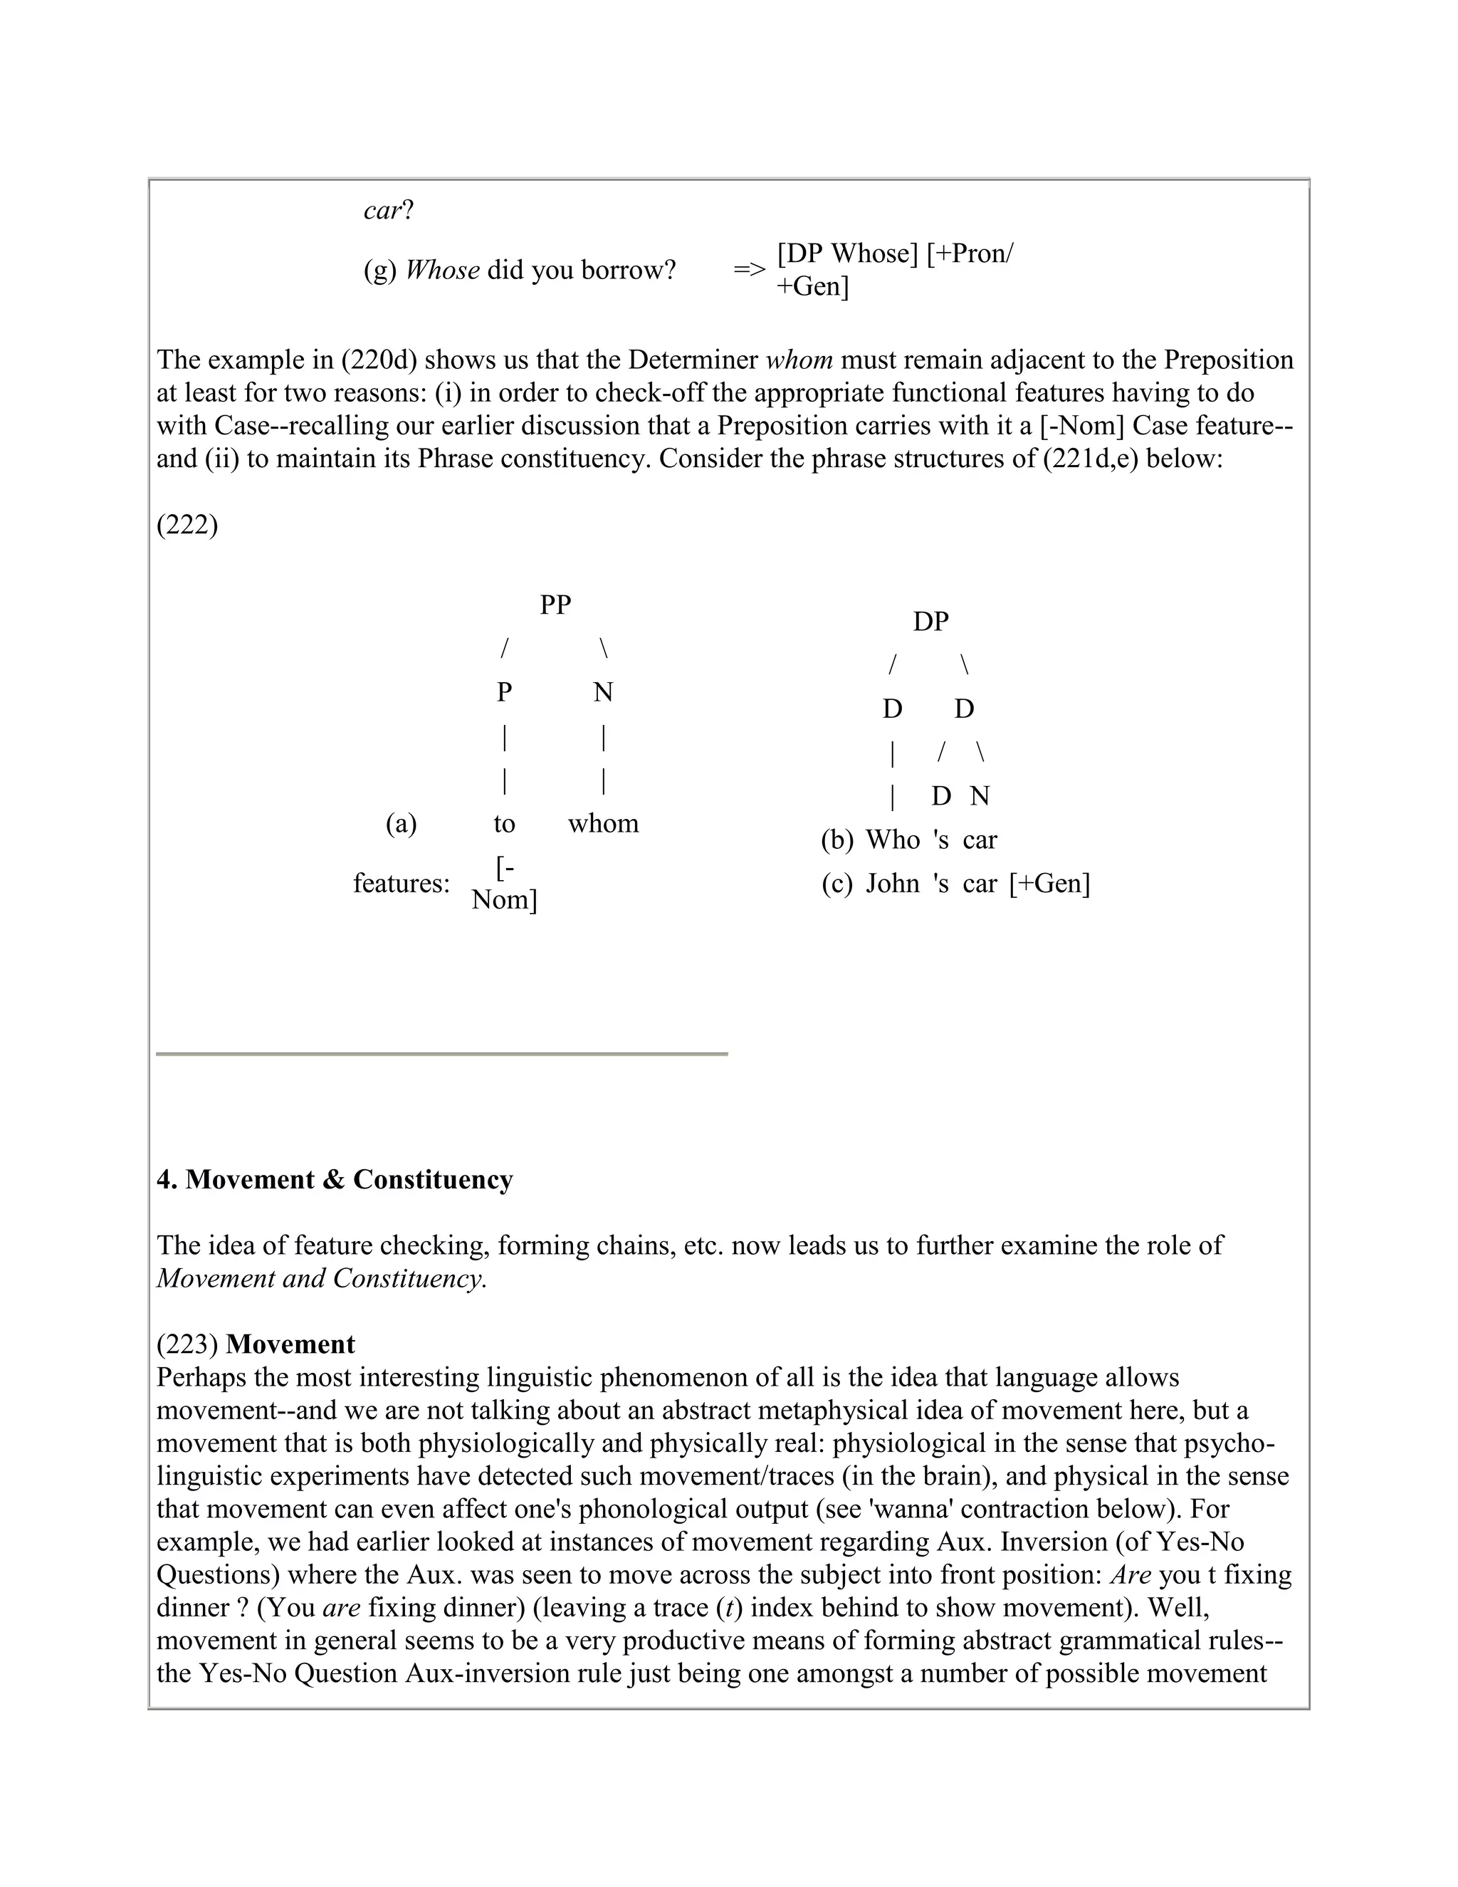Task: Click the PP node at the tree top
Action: [x=555, y=605]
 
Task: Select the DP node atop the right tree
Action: [x=930, y=621]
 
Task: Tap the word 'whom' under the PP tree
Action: [x=603, y=823]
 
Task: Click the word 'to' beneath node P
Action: [x=505, y=823]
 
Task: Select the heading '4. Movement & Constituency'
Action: [x=335, y=1179]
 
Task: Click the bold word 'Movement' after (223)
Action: [x=290, y=1344]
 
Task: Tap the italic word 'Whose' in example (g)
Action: [x=442, y=271]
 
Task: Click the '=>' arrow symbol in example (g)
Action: [x=749, y=270]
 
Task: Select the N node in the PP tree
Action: [x=603, y=692]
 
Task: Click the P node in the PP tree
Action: [x=505, y=692]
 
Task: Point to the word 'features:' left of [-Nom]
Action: [x=402, y=884]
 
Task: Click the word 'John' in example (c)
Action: [x=892, y=884]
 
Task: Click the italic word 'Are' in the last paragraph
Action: [x=1131, y=1575]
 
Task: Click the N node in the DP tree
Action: [x=979, y=797]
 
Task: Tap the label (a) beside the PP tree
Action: [x=401, y=823]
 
